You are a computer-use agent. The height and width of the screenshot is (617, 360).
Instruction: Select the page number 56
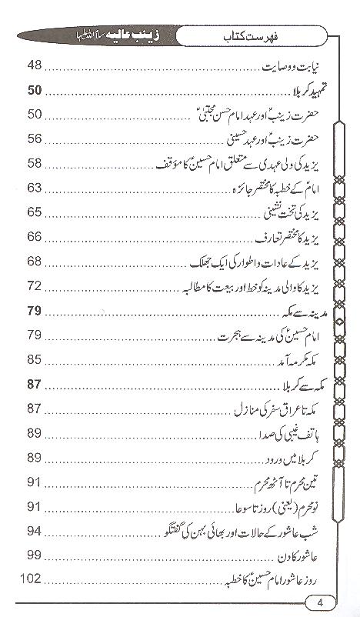35,140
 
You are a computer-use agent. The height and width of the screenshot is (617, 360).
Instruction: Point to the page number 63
35,188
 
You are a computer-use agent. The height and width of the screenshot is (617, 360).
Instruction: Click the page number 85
35,359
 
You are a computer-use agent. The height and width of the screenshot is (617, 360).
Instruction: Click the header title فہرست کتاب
232,35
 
